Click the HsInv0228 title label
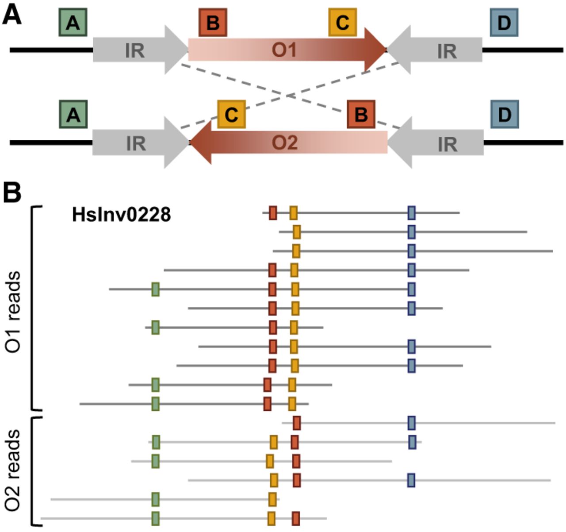click(x=122, y=215)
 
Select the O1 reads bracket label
click(x=13, y=312)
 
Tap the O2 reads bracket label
click(x=13, y=470)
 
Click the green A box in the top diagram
click(x=73, y=23)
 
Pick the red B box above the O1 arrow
click(x=213, y=23)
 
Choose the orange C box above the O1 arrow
click(x=343, y=23)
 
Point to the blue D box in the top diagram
click(x=504, y=23)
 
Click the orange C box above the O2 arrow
click(x=231, y=114)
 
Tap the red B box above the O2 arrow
click(x=361, y=114)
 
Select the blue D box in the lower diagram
click(x=505, y=114)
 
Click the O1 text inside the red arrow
click(x=284, y=50)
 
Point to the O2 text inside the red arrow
click(x=285, y=142)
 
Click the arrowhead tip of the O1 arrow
click(x=386, y=50)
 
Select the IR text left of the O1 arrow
click(x=135, y=51)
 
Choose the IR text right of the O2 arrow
click(x=447, y=144)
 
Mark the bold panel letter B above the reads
click(x=12, y=193)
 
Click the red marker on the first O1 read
click(x=273, y=212)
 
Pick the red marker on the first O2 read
click(x=297, y=423)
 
